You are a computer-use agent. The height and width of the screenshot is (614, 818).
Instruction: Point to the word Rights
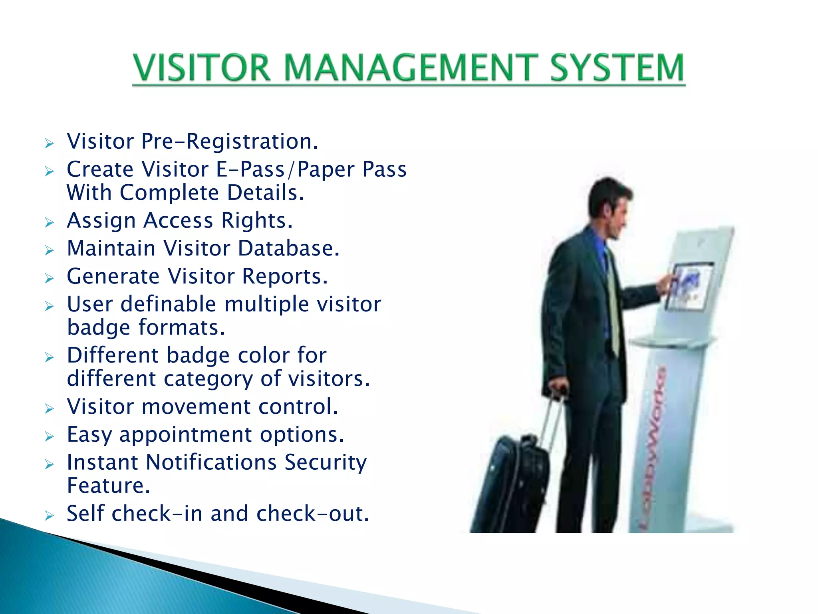coord(256,221)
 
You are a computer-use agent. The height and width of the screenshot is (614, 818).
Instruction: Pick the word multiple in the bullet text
coord(267,304)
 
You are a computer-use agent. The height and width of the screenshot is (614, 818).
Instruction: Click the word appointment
coord(186,435)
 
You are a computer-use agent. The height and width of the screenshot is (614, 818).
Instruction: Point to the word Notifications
coord(211,462)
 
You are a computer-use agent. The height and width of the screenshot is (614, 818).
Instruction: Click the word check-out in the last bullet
coord(312,514)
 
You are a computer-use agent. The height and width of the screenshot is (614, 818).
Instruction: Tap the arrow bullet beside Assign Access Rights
coord(49,222)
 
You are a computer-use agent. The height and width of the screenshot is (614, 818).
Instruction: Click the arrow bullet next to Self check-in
coord(49,515)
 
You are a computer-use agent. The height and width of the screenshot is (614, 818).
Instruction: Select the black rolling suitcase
coord(511,484)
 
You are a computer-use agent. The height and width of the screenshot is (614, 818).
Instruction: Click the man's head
coord(609,204)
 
